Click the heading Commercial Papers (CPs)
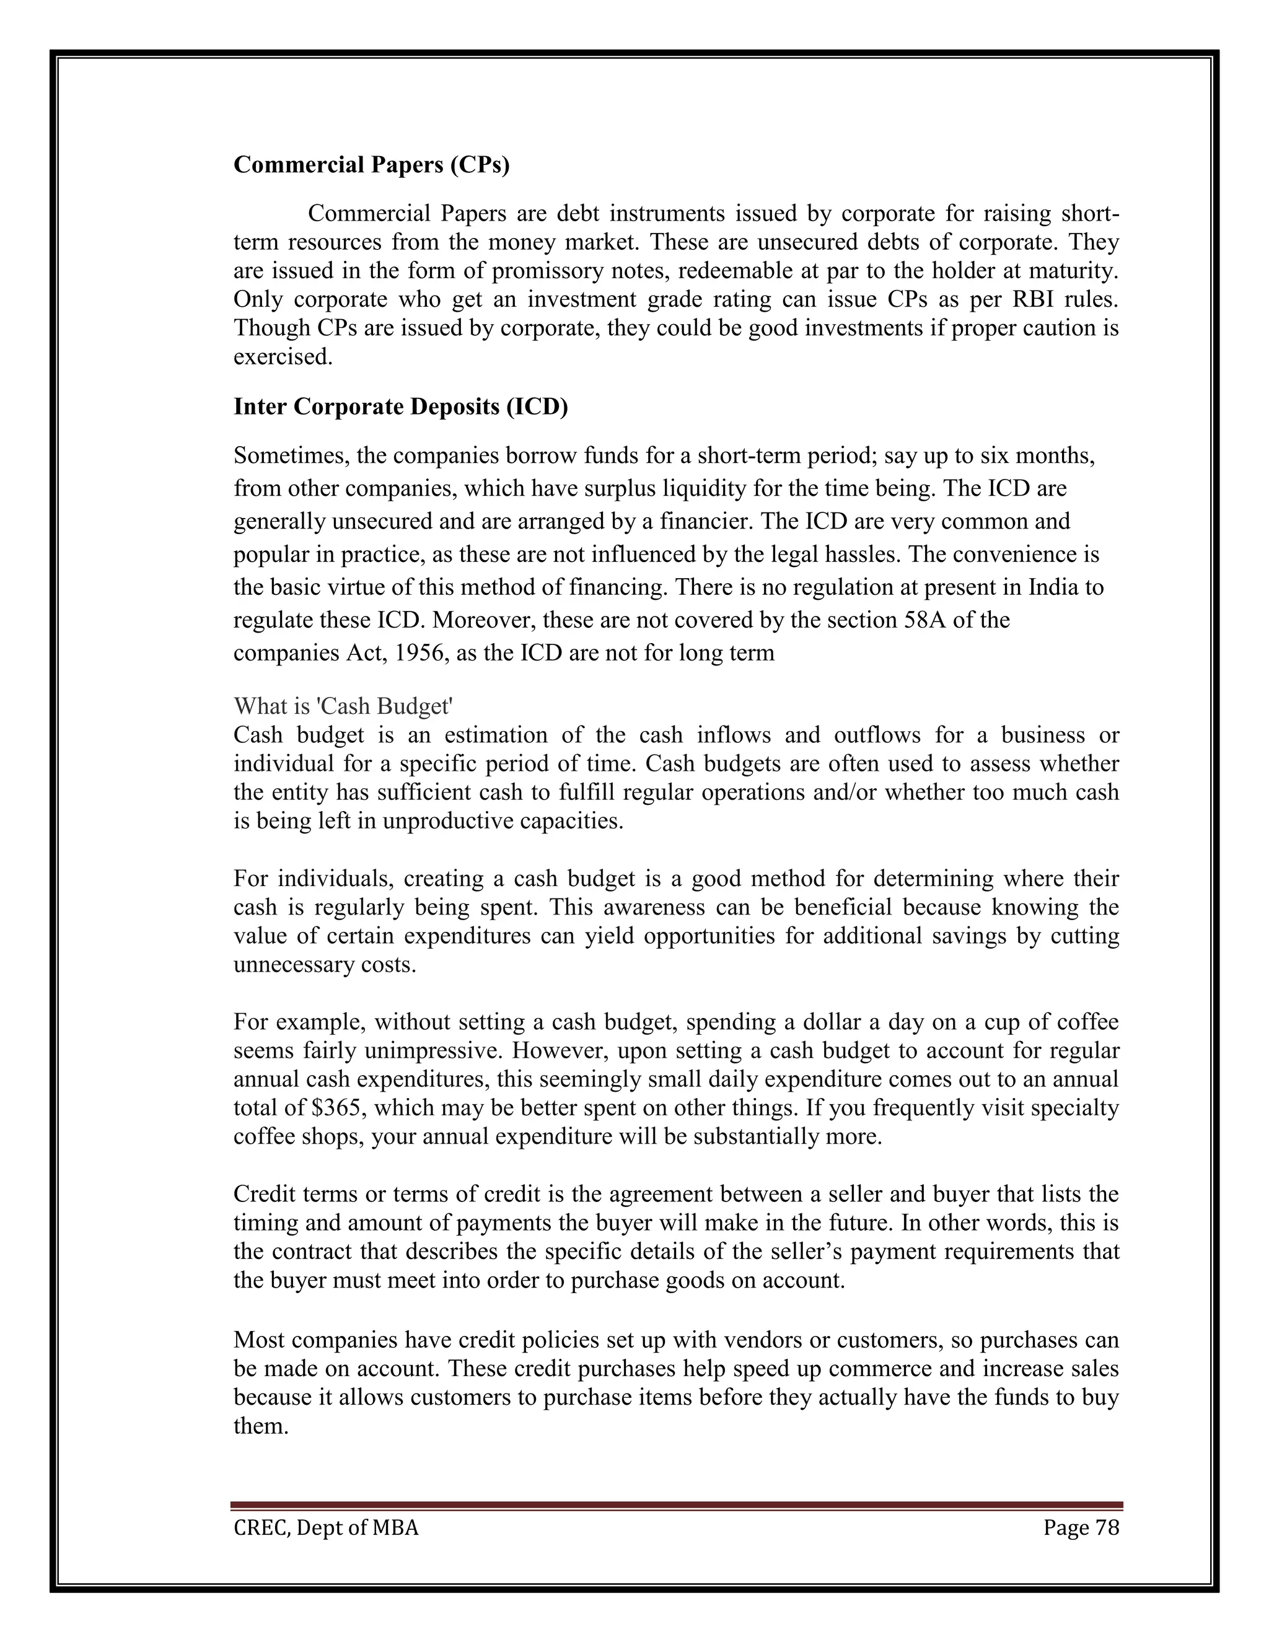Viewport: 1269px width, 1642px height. pos(371,165)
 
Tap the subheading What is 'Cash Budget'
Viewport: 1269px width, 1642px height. pos(343,706)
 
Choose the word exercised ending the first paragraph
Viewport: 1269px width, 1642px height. pos(283,357)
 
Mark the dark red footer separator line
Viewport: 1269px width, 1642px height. pos(676,1506)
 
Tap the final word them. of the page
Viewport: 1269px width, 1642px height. pos(261,1426)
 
